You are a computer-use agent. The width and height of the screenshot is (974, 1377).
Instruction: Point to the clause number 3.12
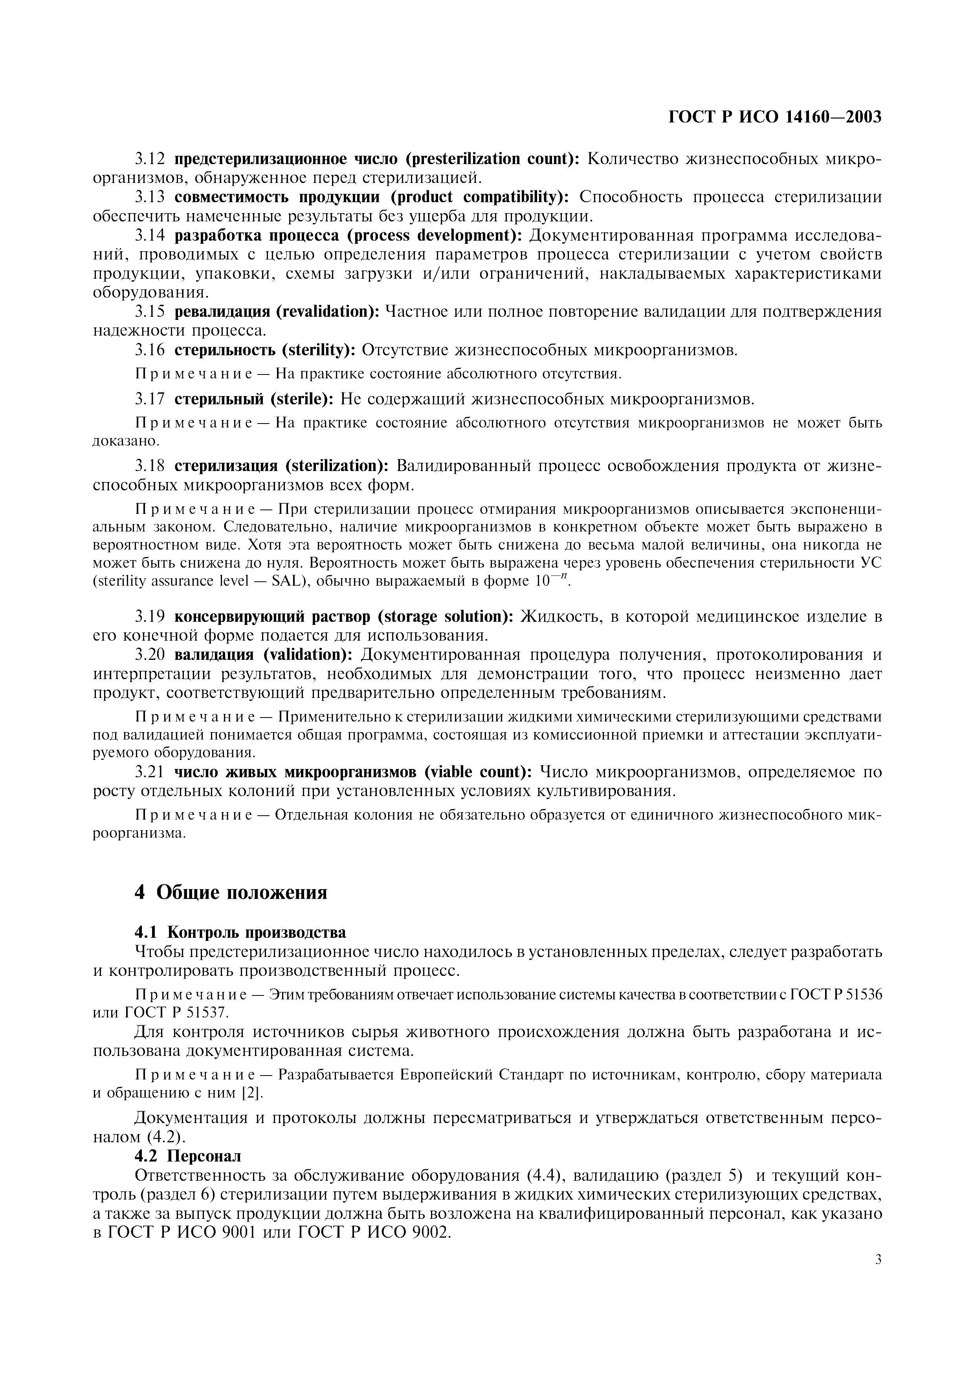[x=149, y=159]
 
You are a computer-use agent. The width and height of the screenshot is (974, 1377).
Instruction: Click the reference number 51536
[x=862, y=994]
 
